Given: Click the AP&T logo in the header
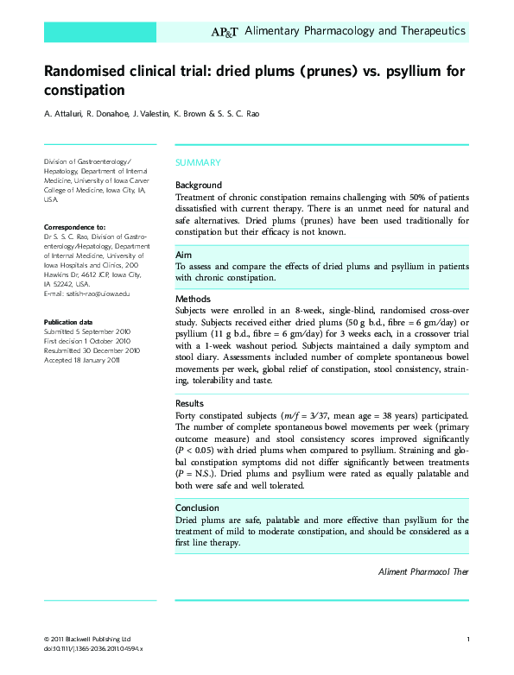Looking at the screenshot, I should pos(225,32).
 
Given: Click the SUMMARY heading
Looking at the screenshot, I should pos(198,162).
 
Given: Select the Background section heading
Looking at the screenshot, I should pos(199,185).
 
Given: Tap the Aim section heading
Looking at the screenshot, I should pos(183,255).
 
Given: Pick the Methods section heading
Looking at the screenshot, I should pos(194,298).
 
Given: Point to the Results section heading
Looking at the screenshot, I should pos(190,403).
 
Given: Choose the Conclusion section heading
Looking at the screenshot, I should pos(197,508).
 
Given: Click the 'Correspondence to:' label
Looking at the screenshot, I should pos(74,225).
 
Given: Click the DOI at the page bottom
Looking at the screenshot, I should pos(92,647).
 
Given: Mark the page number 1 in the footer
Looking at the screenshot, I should pos(467,638).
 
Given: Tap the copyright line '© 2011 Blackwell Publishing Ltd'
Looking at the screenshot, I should pos(86,638).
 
